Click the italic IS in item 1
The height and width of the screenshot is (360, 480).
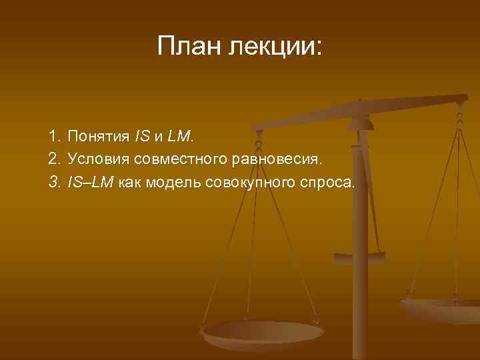click(x=141, y=137)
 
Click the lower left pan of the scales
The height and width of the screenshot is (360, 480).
click(x=263, y=333)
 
